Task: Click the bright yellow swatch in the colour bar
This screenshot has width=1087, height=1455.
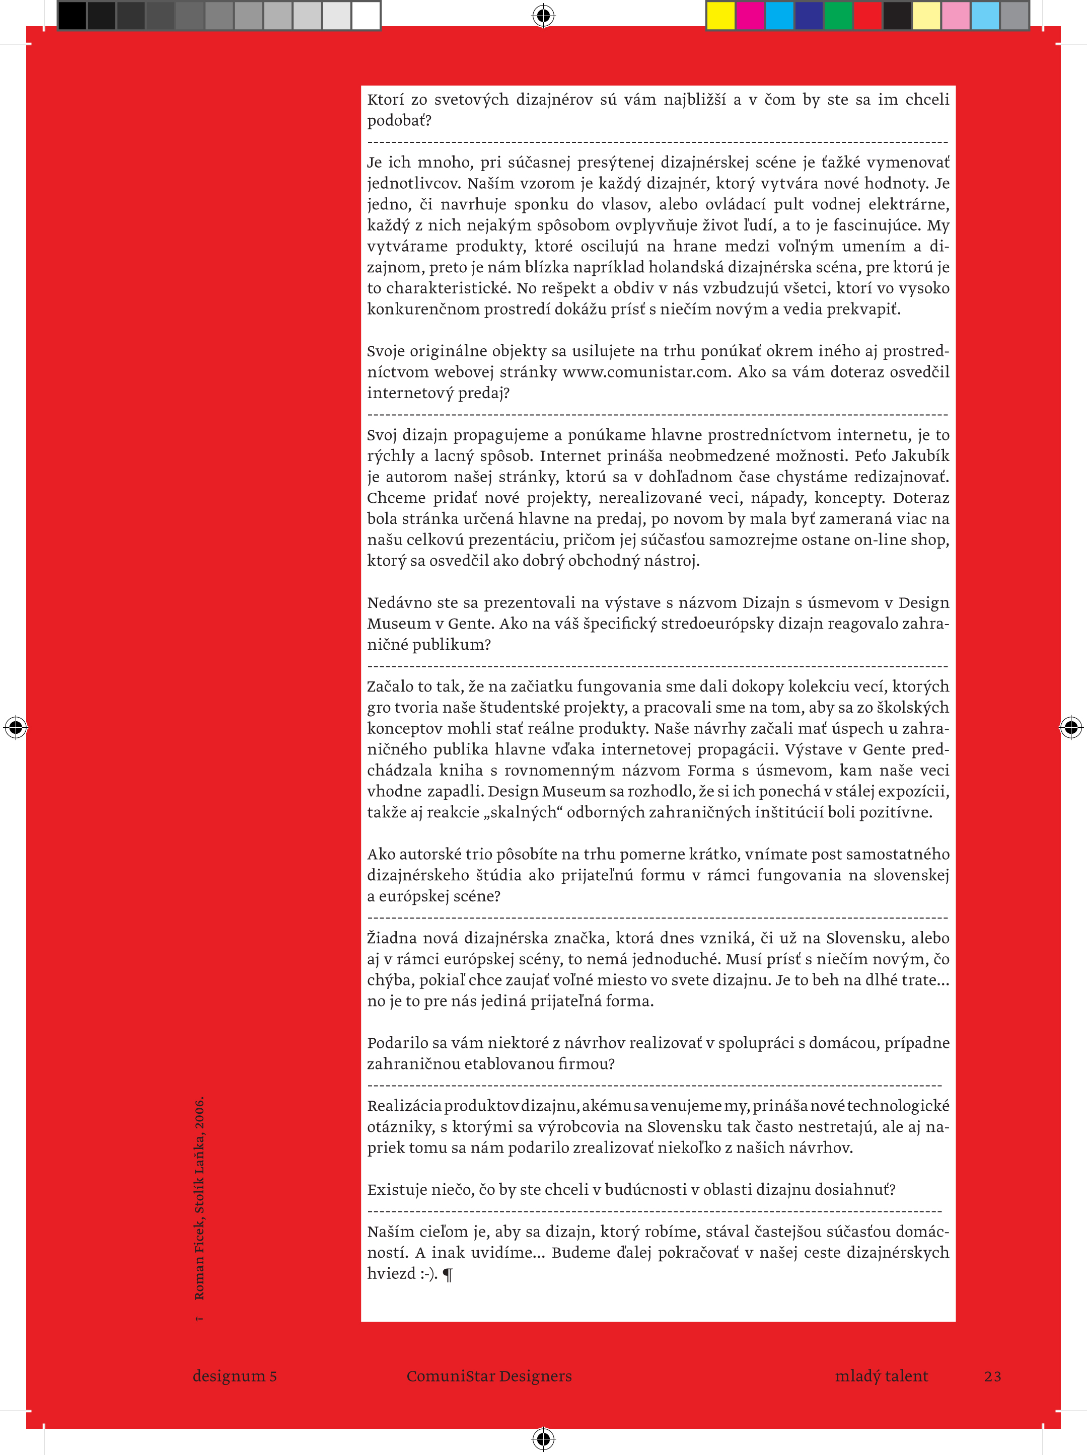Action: coord(720,15)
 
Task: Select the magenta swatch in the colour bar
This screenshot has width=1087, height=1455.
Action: coord(750,15)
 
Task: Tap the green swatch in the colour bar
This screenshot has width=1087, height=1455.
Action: coord(838,15)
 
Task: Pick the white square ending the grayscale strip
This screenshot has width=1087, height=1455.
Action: coord(366,15)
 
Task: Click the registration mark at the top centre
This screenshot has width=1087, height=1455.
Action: coord(544,15)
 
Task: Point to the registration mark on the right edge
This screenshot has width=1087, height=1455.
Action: coord(1070,727)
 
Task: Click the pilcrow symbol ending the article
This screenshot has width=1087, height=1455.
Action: coord(448,1274)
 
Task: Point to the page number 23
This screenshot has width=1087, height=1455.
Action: coord(992,1376)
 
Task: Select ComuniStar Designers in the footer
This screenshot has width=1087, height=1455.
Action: coord(489,1376)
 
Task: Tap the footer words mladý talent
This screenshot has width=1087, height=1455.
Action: coord(881,1376)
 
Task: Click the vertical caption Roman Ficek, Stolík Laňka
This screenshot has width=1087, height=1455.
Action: coord(199,1197)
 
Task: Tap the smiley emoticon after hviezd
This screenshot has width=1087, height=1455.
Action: coord(428,1274)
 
